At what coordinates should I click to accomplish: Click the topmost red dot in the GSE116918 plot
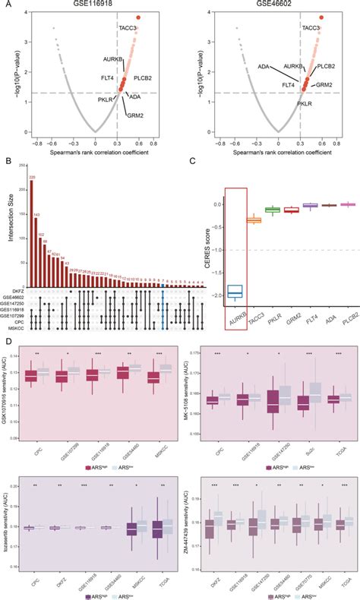pos(139,17)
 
